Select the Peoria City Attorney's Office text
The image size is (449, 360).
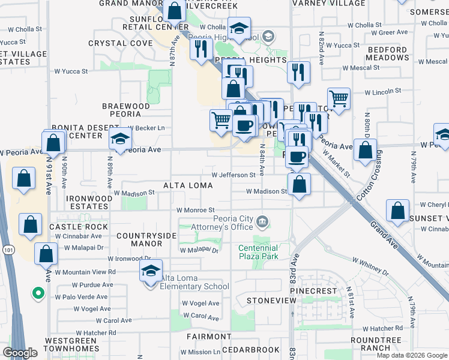pos(221,223)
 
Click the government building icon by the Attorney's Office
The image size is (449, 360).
pos(262,223)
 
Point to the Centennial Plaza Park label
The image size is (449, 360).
pos(258,252)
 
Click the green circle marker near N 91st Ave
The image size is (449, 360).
pos(38,293)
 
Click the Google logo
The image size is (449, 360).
pos(20,353)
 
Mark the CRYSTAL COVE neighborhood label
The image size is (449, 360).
pos(120,43)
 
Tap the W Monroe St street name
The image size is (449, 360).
pos(195,210)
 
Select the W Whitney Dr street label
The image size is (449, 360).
pos(370,268)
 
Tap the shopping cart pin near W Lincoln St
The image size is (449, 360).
pos(339,98)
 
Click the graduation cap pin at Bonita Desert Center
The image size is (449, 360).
pos(120,139)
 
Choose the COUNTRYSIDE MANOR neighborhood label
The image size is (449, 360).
pos(139,240)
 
